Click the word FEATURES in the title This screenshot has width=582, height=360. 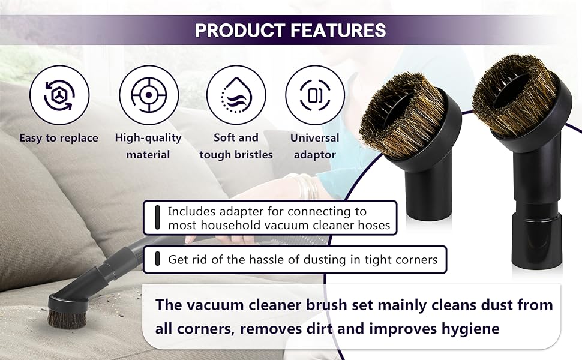(x=338, y=30)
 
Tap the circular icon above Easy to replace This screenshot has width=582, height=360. (x=59, y=94)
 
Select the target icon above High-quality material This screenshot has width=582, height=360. (x=149, y=94)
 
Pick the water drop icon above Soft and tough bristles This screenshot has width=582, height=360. (x=236, y=94)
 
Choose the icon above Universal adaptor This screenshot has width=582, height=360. (x=315, y=94)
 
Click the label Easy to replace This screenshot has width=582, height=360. (x=59, y=138)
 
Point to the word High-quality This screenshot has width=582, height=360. (x=148, y=138)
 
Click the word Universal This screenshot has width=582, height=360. (x=315, y=138)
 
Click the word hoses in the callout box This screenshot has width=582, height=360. (x=374, y=226)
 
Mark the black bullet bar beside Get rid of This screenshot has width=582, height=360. (x=157, y=260)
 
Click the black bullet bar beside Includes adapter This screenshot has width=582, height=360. (x=157, y=218)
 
